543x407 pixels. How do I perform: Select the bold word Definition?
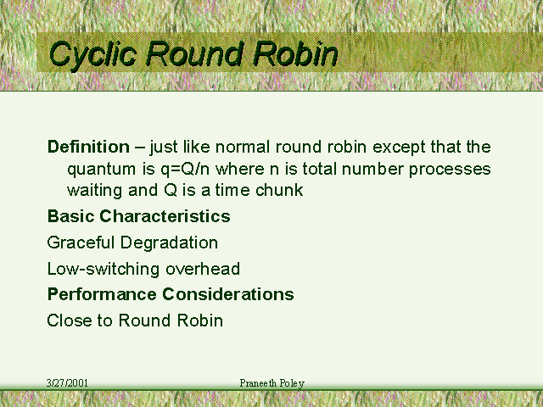[x=88, y=147]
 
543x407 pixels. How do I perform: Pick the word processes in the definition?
[x=450, y=170]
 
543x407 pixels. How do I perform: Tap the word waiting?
[x=94, y=191]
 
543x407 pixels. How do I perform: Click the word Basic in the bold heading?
[x=70, y=216]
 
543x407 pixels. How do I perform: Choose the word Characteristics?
[x=165, y=216]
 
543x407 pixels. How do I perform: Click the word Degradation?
[x=169, y=243]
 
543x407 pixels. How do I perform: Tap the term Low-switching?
[x=104, y=269]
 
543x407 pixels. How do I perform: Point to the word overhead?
[x=203, y=269]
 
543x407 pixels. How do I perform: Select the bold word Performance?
[x=102, y=294]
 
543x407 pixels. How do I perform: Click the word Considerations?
[x=228, y=294]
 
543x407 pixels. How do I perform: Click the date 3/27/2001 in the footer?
[x=67, y=382]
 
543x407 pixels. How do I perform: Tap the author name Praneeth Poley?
[x=272, y=383]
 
